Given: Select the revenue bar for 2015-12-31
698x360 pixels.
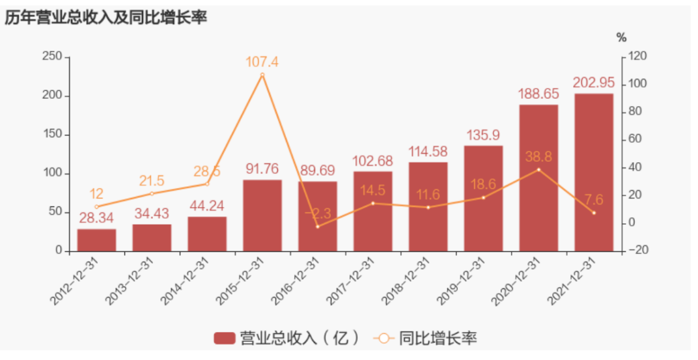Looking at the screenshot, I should coord(262,215).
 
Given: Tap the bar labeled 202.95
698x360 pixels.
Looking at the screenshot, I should coord(594,173).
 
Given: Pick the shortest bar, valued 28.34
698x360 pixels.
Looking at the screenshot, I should coord(96,240).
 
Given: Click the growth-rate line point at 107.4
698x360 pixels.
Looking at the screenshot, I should coord(262,76).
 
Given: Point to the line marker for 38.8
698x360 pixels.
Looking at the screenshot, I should coord(538,169).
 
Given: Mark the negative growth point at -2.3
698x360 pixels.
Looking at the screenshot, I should coord(318,227).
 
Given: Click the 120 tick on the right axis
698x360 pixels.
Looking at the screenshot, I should coord(639,57).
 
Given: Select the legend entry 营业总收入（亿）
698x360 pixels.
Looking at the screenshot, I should coord(286,339).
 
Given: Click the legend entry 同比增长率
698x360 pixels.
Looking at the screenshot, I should coord(426,339).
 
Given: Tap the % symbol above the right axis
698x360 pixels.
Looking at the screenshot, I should coord(622,38).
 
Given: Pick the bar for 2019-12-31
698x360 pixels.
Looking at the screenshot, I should coord(483,199).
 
